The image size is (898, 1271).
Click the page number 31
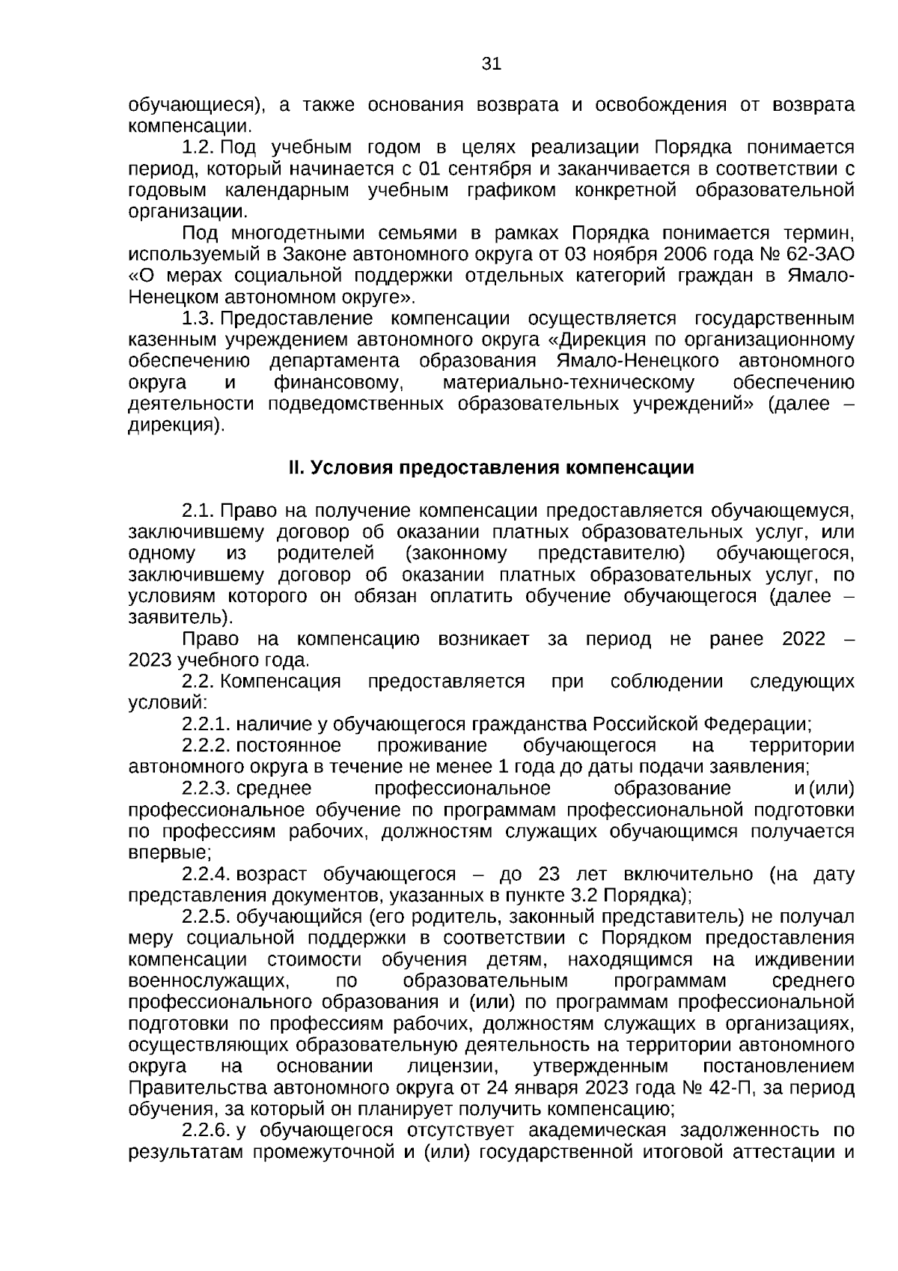click(491, 64)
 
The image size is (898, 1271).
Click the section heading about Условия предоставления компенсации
click(491, 468)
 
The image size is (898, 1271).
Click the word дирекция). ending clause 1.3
click(177, 426)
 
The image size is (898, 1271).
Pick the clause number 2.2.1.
click(207, 724)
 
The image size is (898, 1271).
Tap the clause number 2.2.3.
click(207, 789)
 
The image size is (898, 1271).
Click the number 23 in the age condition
click(549, 874)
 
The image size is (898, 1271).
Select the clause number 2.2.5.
click(207, 917)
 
